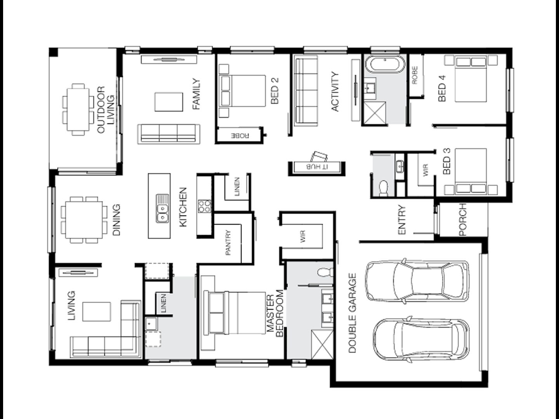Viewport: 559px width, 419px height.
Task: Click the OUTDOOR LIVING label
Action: pyautogui.click(x=106, y=110)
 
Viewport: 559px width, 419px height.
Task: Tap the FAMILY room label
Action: pyautogui.click(x=197, y=94)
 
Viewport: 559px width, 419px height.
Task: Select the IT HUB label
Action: pyautogui.click(x=317, y=167)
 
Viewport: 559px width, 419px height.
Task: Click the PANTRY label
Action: pyautogui.click(x=228, y=243)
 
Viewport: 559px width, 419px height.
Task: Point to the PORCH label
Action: pyautogui.click(x=462, y=220)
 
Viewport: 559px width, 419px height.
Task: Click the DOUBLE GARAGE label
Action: pyautogui.click(x=352, y=313)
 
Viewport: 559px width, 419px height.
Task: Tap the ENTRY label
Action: pyautogui.click(x=402, y=220)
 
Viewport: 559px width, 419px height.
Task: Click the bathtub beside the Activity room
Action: pyautogui.click(x=384, y=64)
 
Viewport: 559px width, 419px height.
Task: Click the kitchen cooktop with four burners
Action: pyautogui.click(x=204, y=206)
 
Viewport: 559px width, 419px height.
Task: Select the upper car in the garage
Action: pyautogui.click(x=417, y=280)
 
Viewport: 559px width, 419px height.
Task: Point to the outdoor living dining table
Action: pyautogui.click(x=77, y=109)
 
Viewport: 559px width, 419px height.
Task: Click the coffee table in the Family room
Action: pyautogui.click(x=168, y=102)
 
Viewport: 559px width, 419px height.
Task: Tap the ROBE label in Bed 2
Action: pyautogui.click(x=240, y=136)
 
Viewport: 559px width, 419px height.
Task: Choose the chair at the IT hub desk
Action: pyautogui.click(x=319, y=156)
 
